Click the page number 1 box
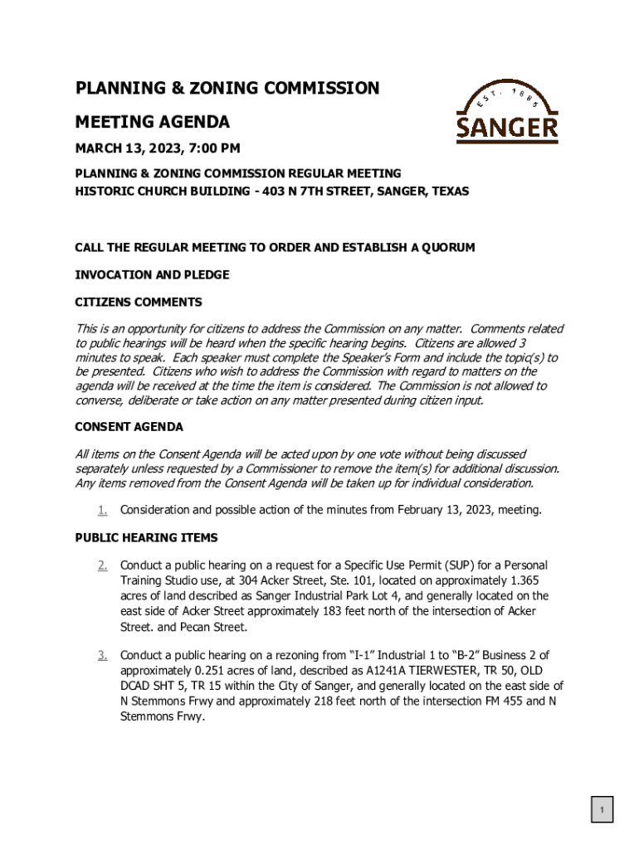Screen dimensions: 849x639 tap(602, 809)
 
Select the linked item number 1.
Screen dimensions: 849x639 tap(102, 509)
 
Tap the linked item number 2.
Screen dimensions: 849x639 tap(102, 565)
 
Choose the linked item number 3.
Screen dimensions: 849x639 tap(102, 656)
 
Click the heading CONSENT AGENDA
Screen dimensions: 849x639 tap(129, 427)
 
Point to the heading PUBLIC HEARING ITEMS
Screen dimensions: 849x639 tap(146, 537)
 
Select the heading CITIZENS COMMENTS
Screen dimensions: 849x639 tap(139, 302)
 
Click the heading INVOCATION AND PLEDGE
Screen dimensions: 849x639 tap(152, 274)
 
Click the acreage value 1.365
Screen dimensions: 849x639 tap(530, 580)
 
